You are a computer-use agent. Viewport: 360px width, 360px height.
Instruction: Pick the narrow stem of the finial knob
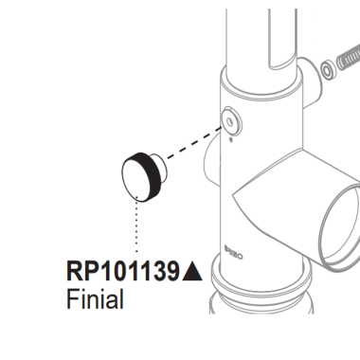point(162,167)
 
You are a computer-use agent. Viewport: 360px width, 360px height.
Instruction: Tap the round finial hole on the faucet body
point(230,121)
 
